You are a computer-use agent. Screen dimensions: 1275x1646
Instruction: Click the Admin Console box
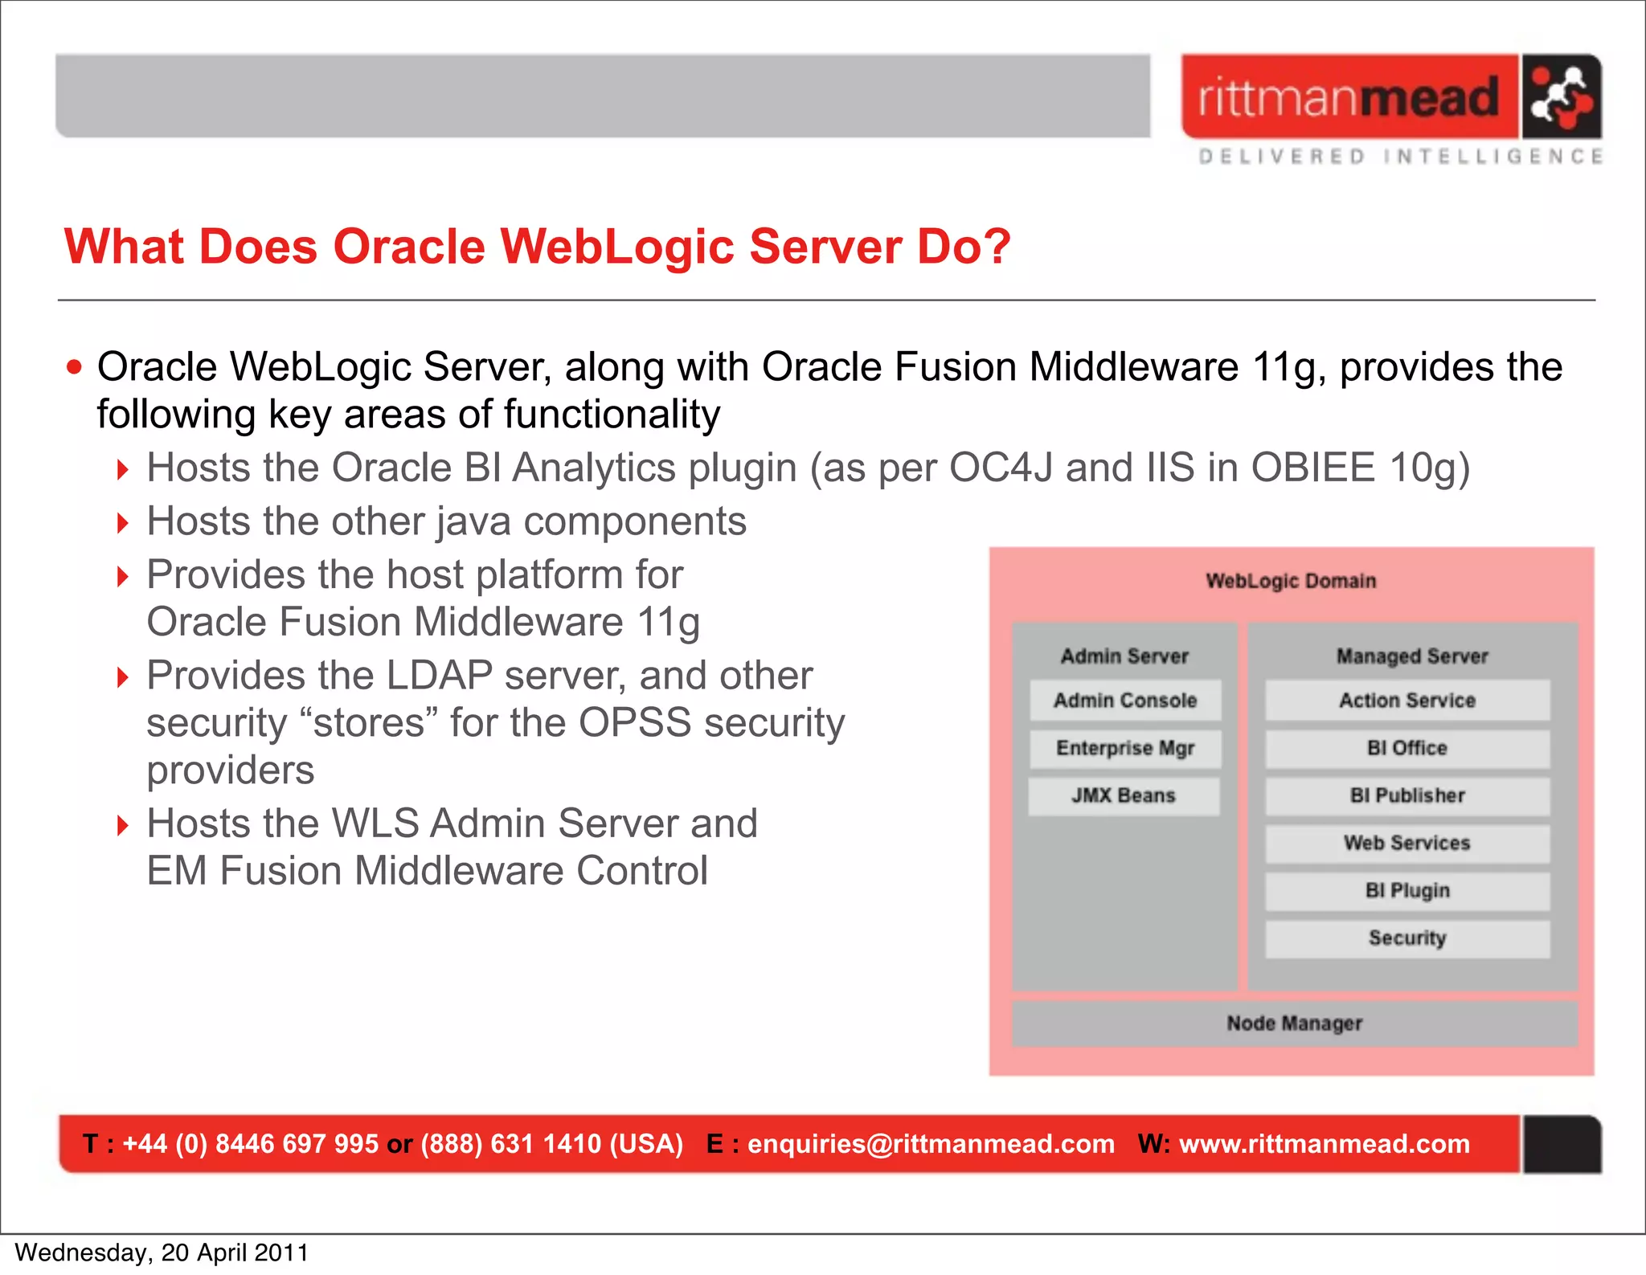coord(1125,701)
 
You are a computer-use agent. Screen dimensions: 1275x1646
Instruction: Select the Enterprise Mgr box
coord(1125,748)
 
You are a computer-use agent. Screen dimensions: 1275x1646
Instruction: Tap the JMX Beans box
coord(1124,795)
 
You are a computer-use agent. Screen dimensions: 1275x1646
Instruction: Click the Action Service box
coord(1407,701)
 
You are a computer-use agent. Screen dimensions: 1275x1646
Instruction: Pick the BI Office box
coord(1407,748)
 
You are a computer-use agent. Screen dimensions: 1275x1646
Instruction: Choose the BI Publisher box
coord(1407,795)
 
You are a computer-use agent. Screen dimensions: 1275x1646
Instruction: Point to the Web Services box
coord(1407,843)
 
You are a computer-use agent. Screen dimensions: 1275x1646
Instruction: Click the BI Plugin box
coord(1407,890)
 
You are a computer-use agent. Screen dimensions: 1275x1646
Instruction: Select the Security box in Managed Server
coord(1407,938)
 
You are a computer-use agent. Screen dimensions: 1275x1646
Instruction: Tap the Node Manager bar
coord(1294,1023)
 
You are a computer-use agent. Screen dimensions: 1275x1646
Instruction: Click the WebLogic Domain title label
coord(1291,581)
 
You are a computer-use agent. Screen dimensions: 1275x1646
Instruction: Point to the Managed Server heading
coord(1412,656)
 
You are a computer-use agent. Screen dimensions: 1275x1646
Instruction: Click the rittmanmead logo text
coord(1349,98)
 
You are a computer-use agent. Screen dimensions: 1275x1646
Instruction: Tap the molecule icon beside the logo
coord(1560,97)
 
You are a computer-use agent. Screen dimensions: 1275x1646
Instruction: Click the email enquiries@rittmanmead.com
coord(931,1143)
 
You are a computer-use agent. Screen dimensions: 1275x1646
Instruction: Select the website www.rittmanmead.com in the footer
coord(1324,1143)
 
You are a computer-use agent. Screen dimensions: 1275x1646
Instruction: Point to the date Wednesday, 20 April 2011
coord(162,1253)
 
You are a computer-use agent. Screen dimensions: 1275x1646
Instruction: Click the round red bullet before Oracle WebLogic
coord(75,367)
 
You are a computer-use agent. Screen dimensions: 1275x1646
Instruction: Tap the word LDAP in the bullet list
coord(439,675)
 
